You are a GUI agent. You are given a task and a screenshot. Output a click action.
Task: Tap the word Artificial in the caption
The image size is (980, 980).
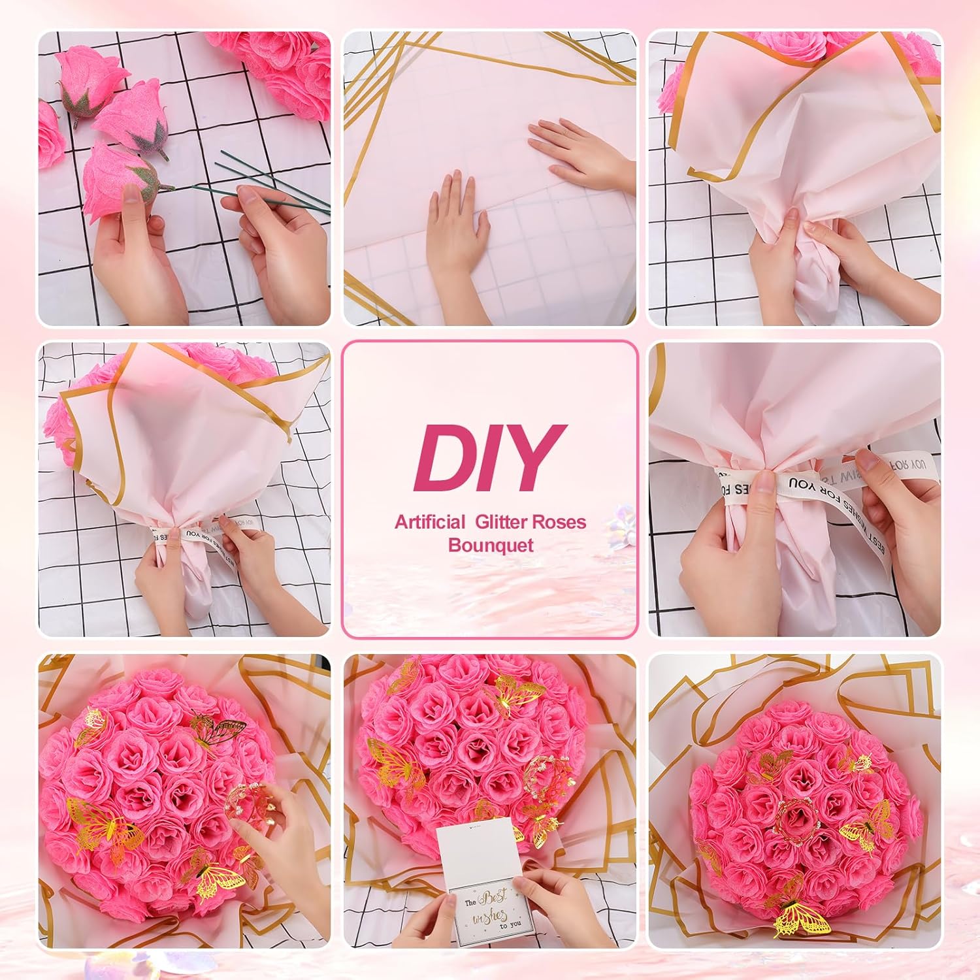pyautogui.click(x=430, y=522)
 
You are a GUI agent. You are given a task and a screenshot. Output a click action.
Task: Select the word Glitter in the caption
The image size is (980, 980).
pyautogui.click(x=502, y=522)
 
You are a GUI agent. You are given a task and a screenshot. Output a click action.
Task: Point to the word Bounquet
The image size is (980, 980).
pyautogui.click(x=491, y=545)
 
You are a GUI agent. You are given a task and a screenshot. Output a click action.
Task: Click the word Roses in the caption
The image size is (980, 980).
pyautogui.click(x=559, y=522)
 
